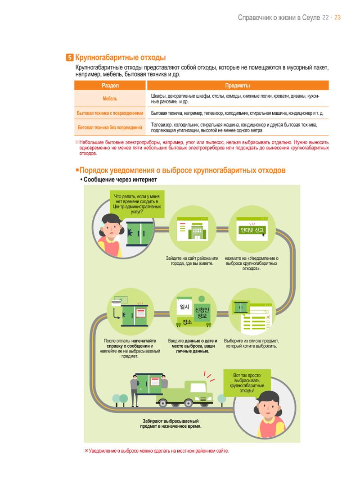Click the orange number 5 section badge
[x=70, y=57]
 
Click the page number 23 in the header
[x=337, y=18]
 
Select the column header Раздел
[x=110, y=86]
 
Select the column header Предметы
[x=237, y=86]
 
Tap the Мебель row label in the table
[x=110, y=99]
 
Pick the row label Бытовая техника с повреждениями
[x=110, y=113]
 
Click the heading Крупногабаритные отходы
[x=121, y=57]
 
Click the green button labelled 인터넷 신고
[x=252, y=230]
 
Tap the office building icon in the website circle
[x=197, y=231]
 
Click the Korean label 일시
[x=184, y=307]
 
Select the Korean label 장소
[x=187, y=322]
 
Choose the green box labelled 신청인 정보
[x=202, y=313]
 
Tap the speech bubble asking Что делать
[x=137, y=204]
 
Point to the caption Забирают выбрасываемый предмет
[x=171, y=424]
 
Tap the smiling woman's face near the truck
[x=267, y=408]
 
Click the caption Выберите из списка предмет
[x=251, y=344]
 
